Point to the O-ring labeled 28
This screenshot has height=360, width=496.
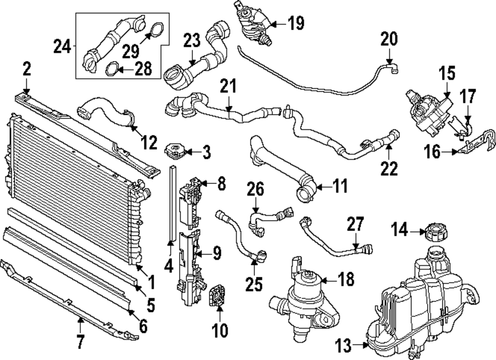(x=113, y=67)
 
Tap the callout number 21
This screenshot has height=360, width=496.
(x=229, y=88)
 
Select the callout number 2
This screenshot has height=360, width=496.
(x=26, y=69)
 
